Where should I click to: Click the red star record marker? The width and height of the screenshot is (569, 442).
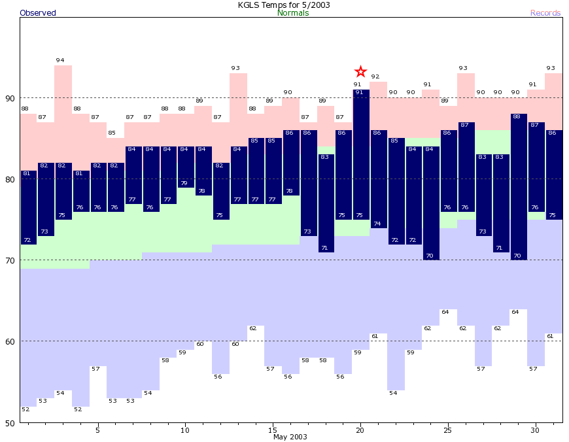point(360,71)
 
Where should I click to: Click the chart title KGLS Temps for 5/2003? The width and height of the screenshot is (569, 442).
point(284,5)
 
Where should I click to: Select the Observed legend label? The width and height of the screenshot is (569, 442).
point(38,13)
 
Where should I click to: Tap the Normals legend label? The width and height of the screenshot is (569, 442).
point(293,13)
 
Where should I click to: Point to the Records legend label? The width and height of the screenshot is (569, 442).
point(545,13)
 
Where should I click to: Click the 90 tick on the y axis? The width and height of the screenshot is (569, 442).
point(10,98)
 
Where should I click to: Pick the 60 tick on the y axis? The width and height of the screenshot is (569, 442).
point(10,341)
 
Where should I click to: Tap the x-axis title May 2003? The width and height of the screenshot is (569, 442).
point(290,437)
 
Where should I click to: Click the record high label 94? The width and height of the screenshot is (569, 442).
point(60,60)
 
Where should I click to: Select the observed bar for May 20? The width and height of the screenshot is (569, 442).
point(360,154)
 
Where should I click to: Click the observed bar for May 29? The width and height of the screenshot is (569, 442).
point(518,186)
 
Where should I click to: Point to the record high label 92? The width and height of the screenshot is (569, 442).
point(375,76)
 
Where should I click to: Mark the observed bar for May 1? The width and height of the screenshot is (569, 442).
point(29,207)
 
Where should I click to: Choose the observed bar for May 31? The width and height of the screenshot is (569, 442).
point(554,175)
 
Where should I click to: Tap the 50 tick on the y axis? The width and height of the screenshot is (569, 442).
point(10,422)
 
